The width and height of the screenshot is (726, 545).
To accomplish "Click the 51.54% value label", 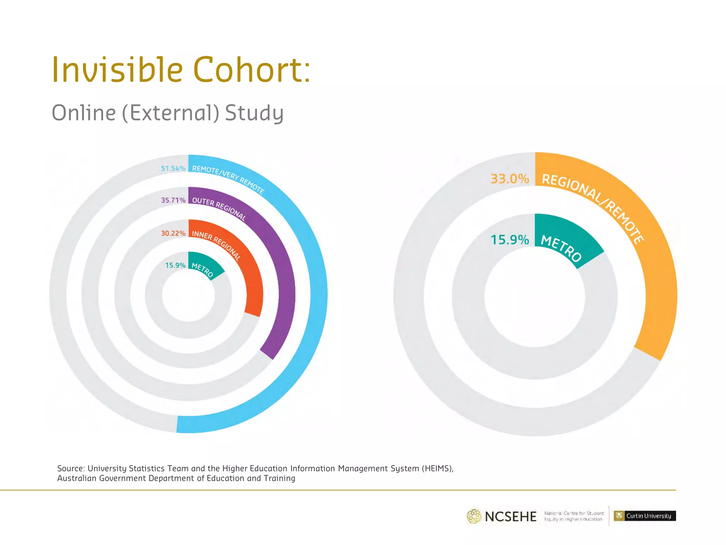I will [x=173, y=169].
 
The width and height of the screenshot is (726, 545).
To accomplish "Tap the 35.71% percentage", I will [x=173, y=200].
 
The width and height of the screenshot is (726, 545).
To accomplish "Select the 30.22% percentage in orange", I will [x=173, y=233].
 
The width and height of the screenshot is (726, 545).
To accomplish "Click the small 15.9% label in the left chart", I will [x=175, y=265].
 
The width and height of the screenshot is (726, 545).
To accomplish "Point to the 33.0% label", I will [x=509, y=179].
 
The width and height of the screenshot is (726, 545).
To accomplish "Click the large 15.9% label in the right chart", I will [x=509, y=240].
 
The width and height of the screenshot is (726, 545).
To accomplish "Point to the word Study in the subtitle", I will [x=254, y=113].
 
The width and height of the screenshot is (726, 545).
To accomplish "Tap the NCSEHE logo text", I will [x=510, y=517].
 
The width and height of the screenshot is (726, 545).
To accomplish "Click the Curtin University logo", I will [x=644, y=516].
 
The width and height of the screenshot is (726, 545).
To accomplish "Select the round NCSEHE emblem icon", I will [x=474, y=516].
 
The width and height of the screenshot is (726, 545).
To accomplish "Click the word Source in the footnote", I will [x=71, y=468].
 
